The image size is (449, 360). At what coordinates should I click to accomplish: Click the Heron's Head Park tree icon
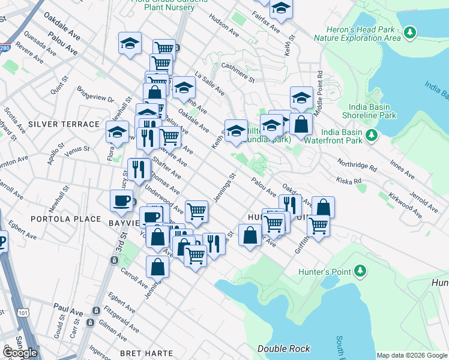coord(410,31)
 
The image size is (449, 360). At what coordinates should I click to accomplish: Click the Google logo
coord(20,353)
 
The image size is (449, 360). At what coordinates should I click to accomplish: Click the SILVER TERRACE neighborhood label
coord(63,124)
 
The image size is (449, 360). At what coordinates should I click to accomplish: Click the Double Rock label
coord(284,349)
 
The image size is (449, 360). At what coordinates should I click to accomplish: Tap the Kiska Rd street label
coord(349,180)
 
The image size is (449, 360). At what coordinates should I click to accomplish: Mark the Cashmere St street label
coord(238,72)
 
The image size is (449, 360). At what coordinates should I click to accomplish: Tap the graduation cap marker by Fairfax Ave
coord(280,8)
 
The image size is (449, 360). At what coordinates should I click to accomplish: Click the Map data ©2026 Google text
coord(412,355)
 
